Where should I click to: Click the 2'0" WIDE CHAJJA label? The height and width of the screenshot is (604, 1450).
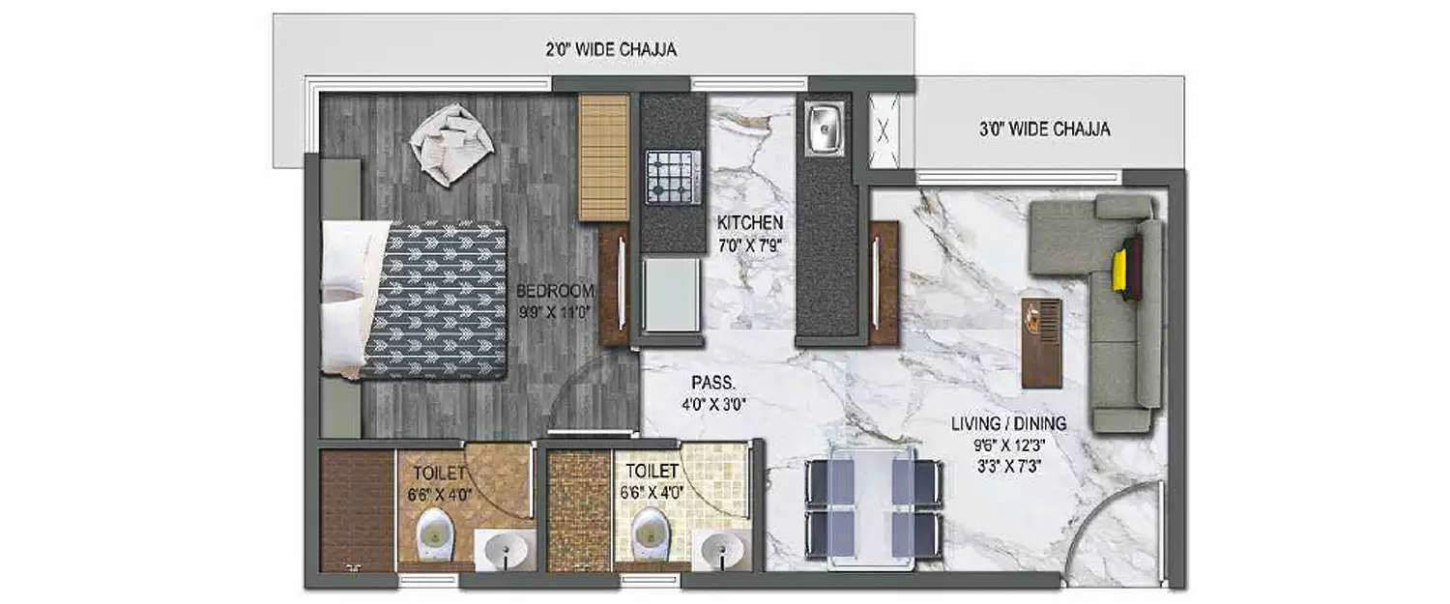(612, 49)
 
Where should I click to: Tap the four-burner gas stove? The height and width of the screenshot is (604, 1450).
(673, 177)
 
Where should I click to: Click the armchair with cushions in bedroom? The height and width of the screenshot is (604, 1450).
(450, 144)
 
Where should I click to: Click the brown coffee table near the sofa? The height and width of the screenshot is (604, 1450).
(1041, 342)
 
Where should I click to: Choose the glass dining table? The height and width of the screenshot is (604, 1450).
(873, 507)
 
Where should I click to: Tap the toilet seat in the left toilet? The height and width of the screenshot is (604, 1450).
(435, 534)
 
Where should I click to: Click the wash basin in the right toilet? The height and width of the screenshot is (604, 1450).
(722, 551)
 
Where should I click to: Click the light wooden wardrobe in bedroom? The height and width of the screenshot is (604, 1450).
(604, 157)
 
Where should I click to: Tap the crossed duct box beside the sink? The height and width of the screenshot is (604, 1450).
(884, 131)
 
